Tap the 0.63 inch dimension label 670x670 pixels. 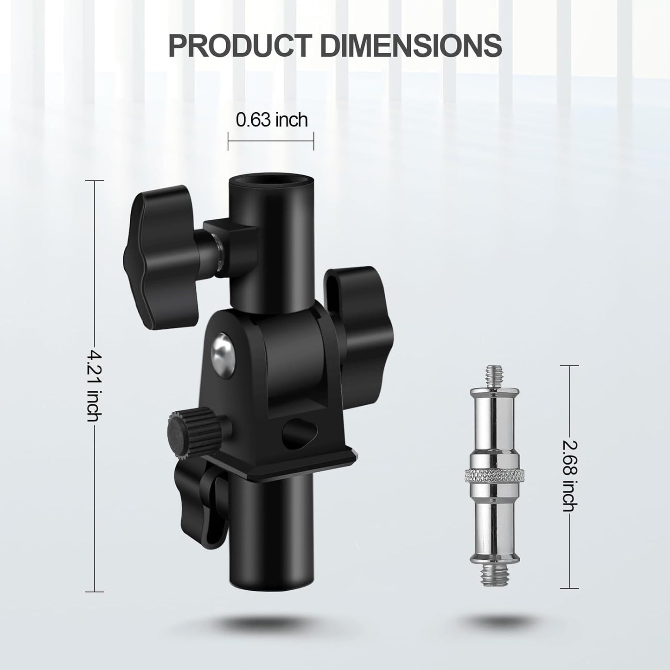point(272,120)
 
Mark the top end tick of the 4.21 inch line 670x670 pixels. point(95,181)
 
